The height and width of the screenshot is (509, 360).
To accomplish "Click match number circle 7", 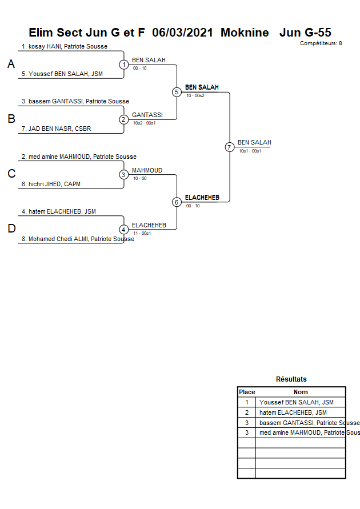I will coord(229,147).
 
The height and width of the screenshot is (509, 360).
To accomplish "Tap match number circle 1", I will coord(123,65).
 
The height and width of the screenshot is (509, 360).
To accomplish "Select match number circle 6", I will coord(177,202).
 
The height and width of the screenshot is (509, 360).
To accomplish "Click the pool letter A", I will coord(11,65).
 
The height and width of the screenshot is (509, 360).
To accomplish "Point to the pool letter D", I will coord(11,229).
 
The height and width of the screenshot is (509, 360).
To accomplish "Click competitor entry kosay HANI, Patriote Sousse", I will coord(65,46).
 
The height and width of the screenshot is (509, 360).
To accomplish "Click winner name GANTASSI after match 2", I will coord(147,115).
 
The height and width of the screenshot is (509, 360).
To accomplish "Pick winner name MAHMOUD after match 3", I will coord(147,170).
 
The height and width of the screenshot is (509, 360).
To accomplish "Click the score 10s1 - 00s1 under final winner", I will coord(250,151).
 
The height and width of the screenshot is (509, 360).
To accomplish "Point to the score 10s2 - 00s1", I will coord(144,123).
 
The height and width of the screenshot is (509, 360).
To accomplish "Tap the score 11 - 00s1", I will coord(142,233).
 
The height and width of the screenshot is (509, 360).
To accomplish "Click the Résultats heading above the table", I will coord(291,379).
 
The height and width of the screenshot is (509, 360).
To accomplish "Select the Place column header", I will coord(247,392).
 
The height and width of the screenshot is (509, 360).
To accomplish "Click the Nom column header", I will coord(301,392).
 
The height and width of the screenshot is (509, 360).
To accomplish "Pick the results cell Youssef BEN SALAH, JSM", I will coord(296,402).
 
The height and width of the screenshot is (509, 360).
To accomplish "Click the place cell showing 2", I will coord(247,412).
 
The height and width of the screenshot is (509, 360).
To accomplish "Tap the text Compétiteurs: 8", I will coord(321,43).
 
